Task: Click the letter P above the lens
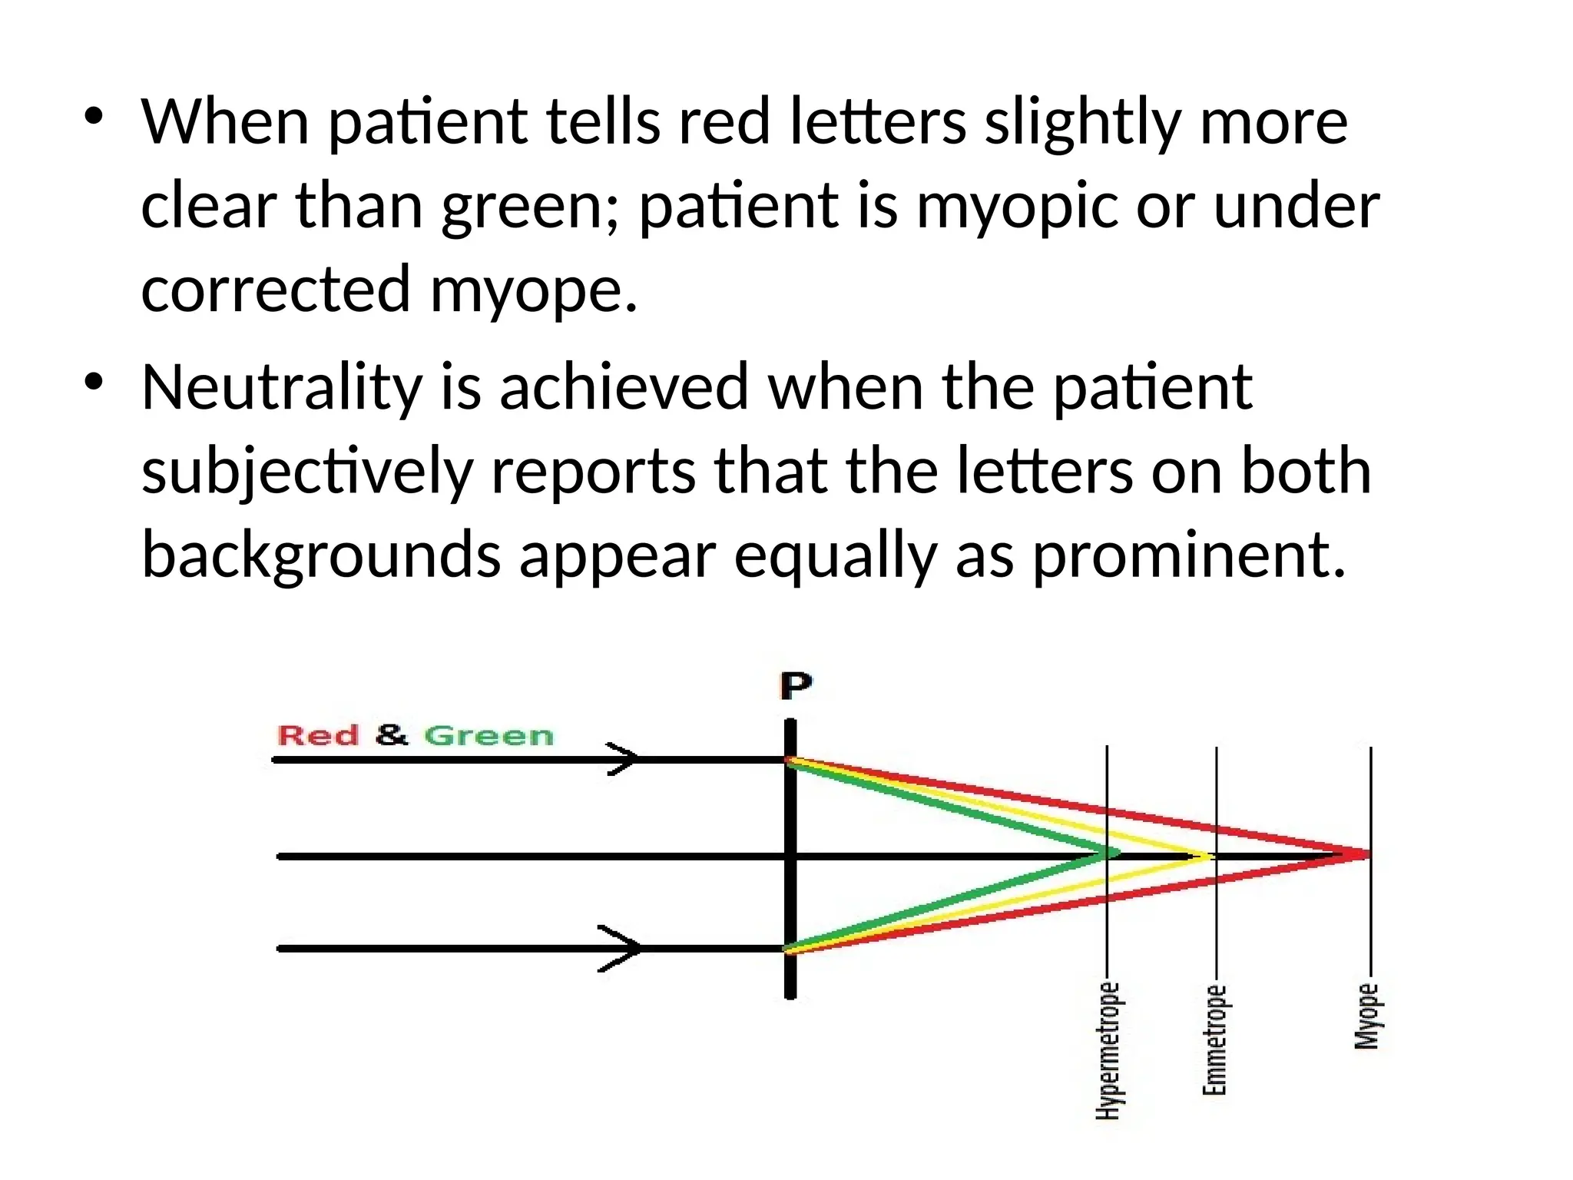(796, 685)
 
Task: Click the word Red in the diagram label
(317, 735)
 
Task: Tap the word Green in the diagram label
(488, 735)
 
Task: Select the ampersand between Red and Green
(392, 734)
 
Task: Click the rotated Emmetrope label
(1214, 1040)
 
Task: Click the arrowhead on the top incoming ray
(624, 759)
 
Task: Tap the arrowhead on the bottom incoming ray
(622, 948)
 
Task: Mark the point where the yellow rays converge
(1209, 855)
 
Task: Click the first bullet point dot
(94, 117)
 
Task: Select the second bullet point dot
(94, 382)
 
